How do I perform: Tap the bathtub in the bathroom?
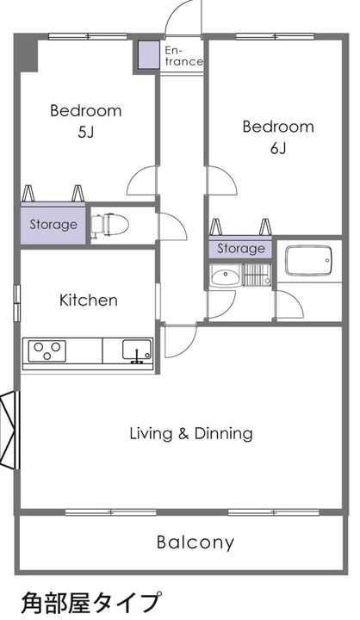pos(308,261)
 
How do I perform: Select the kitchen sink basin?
pos(137,350)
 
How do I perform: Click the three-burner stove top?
pos(47,350)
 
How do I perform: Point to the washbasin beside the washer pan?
pos(225,275)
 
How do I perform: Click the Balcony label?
pos(196,542)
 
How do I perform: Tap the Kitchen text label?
pos(89,301)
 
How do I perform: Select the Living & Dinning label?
pos(191,433)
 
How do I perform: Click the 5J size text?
pos(86,132)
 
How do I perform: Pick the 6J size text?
pos(278,148)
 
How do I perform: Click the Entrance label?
pos(183,56)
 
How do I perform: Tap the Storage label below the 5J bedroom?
pos(53,225)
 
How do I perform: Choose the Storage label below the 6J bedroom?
pos(241,248)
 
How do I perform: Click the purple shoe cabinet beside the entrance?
pos(149,54)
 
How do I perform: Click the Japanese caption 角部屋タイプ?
pos(91,602)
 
